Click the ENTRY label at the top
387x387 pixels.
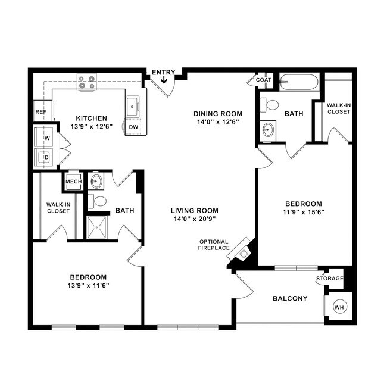(163, 73)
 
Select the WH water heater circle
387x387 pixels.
(339, 307)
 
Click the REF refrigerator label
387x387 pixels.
(40, 111)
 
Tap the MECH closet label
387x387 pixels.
(73, 182)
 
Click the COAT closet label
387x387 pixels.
(264, 80)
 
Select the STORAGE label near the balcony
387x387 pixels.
(329, 279)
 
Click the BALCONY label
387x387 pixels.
(290, 298)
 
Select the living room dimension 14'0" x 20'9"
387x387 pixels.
(194, 219)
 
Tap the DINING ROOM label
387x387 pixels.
(218, 114)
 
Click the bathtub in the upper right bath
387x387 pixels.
(299, 82)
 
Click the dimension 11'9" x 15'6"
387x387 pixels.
(304, 212)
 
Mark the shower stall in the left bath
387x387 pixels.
(99, 227)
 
